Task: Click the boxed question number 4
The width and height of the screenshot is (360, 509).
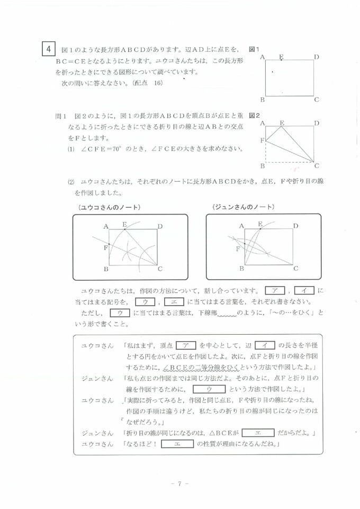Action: click(48, 49)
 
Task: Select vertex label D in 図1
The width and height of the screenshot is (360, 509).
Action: click(316, 57)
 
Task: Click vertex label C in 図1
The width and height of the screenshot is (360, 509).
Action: click(316, 100)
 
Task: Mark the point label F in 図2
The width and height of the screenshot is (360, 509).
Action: click(262, 140)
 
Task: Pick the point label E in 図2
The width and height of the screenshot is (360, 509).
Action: click(282, 123)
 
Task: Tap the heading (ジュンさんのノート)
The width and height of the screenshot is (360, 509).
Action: click(243, 207)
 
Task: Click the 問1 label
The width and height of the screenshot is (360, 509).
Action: click(60, 115)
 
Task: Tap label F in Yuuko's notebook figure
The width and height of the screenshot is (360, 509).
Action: click(106, 247)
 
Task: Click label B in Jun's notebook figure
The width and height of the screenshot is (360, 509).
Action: click(241, 269)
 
